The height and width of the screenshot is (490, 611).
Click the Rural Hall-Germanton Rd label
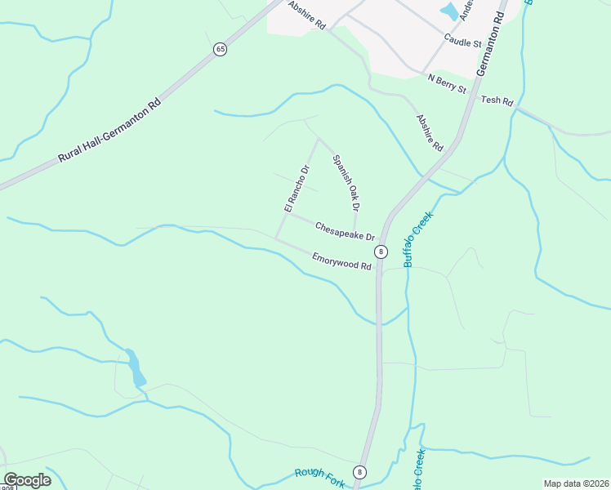click(111, 132)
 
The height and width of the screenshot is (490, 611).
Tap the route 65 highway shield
click(220, 50)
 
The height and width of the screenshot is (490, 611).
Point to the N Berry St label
click(446, 82)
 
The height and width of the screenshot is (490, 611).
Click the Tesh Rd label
click(497, 101)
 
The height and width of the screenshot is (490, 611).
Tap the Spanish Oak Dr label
click(346, 180)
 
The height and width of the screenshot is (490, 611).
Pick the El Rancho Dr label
click(297, 189)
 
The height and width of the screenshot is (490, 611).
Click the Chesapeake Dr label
click(344, 230)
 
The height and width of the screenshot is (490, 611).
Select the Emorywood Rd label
click(341, 261)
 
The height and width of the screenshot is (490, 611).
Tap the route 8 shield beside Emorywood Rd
click(381, 251)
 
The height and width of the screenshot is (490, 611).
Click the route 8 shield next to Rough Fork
click(359, 472)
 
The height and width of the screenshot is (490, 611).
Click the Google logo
click(27, 480)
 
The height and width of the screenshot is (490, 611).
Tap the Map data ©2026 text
click(576, 483)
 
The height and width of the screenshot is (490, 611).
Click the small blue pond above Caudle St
click(449, 11)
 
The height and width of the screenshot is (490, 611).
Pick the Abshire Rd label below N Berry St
click(429, 132)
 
